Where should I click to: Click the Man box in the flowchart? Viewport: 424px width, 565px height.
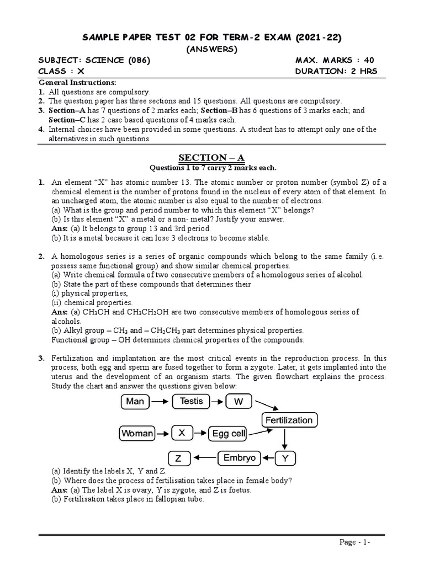(x=135, y=401)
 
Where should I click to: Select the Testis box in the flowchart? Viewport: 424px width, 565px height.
(x=192, y=401)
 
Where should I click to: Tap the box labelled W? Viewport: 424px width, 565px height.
(x=239, y=402)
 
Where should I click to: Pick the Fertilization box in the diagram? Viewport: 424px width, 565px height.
(x=289, y=420)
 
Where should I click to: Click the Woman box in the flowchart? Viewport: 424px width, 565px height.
(x=137, y=433)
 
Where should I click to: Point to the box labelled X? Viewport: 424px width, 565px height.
(x=181, y=433)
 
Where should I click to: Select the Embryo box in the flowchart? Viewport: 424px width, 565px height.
(x=239, y=458)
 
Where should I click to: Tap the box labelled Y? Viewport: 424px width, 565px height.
(x=284, y=459)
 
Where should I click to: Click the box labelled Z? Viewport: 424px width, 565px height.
(x=178, y=459)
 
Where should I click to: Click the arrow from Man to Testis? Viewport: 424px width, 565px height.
(x=161, y=402)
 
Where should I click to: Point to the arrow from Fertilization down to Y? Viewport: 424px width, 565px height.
(x=284, y=439)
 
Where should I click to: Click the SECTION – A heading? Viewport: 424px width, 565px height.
(x=213, y=158)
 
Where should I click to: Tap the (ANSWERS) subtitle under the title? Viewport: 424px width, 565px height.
(x=213, y=49)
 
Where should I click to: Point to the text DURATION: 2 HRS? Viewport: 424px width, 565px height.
(x=336, y=71)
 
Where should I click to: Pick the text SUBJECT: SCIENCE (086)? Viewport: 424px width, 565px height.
(x=94, y=60)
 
